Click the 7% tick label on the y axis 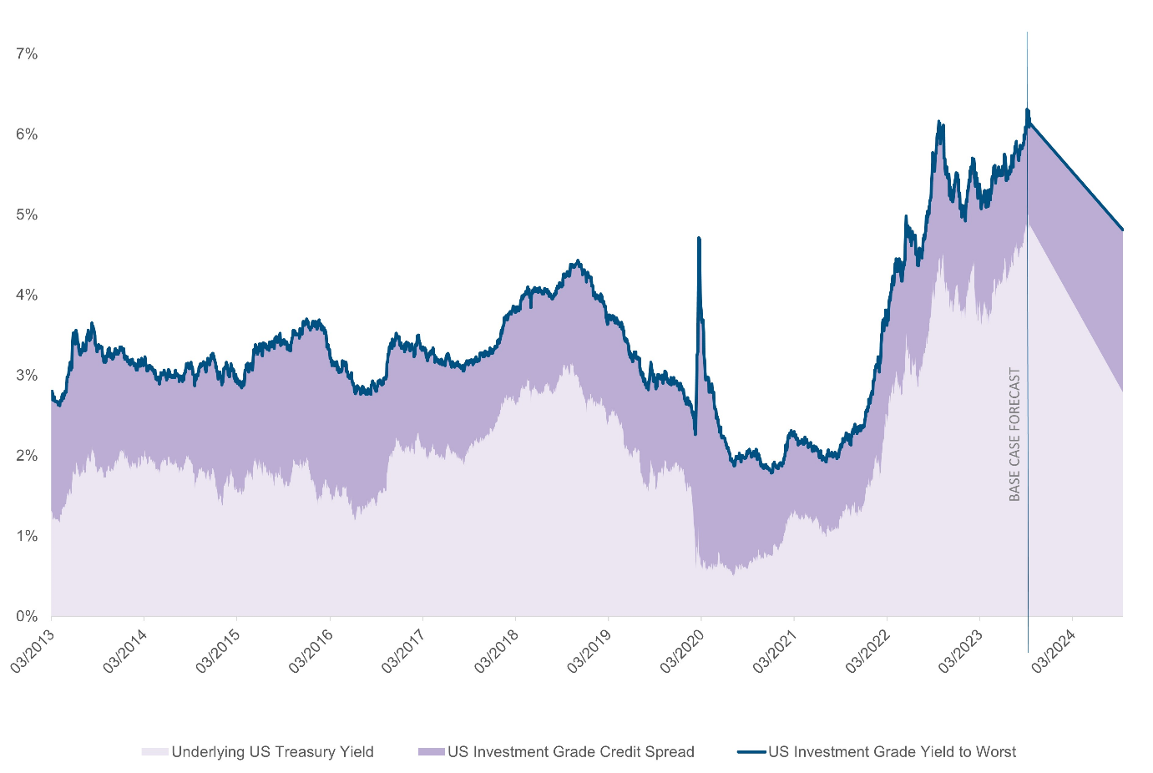click(27, 54)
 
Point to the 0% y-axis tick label click(27, 617)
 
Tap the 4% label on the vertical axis click(27, 296)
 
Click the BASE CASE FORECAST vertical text click(1015, 434)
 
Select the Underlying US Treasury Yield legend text click(272, 752)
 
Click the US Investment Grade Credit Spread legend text click(571, 752)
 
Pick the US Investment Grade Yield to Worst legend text click(892, 752)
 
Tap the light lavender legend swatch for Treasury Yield click(155, 752)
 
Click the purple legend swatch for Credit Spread click(432, 752)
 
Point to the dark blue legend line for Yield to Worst click(751, 752)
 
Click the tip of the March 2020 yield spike click(698, 239)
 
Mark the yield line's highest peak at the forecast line click(1027, 109)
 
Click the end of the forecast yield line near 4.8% click(1122, 230)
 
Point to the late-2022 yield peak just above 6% click(939, 123)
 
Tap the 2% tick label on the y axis click(27, 456)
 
